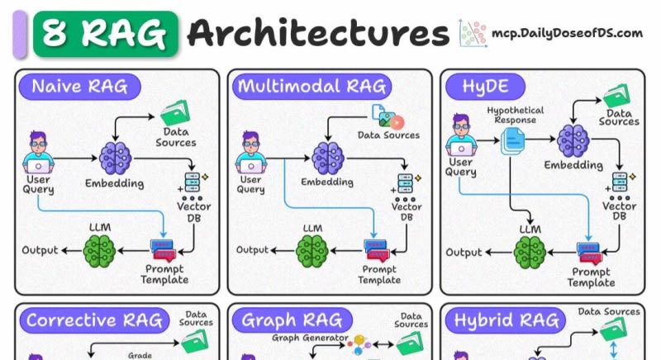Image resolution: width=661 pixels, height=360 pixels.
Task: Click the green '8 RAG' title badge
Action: pos(105,33)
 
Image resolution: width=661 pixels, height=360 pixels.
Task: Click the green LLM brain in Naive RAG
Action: pos(102,249)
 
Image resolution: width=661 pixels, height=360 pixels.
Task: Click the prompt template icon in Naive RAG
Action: pos(164,249)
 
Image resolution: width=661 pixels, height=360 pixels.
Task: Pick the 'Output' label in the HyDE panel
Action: pos(465,251)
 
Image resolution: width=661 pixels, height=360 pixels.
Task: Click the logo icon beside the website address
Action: pos(472,34)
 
